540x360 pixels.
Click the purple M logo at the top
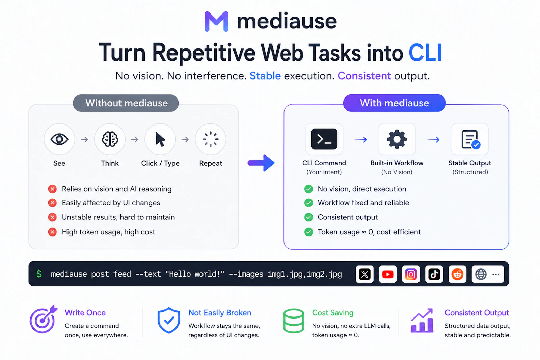pyautogui.click(x=216, y=21)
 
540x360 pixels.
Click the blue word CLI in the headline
pyautogui.click(x=425, y=53)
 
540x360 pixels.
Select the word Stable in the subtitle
pyautogui.click(x=265, y=76)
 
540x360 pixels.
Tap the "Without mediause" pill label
pyautogui.click(x=126, y=103)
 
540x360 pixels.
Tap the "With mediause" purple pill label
pyautogui.click(x=395, y=103)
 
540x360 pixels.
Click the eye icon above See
pyautogui.click(x=59, y=139)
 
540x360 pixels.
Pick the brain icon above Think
pyautogui.click(x=110, y=139)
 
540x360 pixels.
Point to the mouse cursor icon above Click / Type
pyautogui.click(x=160, y=139)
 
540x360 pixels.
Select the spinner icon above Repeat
pyautogui.click(x=211, y=139)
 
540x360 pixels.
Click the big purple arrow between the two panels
pyautogui.click(x=261, y=163)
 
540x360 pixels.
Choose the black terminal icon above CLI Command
pyautogui.click(x=324, y=139)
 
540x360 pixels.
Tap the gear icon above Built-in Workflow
pyautogui.click(x=397, y=139)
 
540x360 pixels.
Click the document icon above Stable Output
pyautogui.click(x=470, y=140)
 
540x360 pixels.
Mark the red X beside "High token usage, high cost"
pyautogui.click(x=52, y=232)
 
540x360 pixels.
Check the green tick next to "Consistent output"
pyautogui.click(x=308, y=217)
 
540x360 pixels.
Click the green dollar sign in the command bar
pyautogui.click(x=39, y=274)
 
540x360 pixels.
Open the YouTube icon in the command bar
pyautogui.click(x=388, y=274)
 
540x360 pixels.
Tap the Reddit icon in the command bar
pyautogui.click(x=457, y=274)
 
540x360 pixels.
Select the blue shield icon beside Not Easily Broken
pyautogui.click(x=169, y=320)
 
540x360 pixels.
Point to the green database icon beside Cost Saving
pyautogui.click(x=294, y=321)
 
